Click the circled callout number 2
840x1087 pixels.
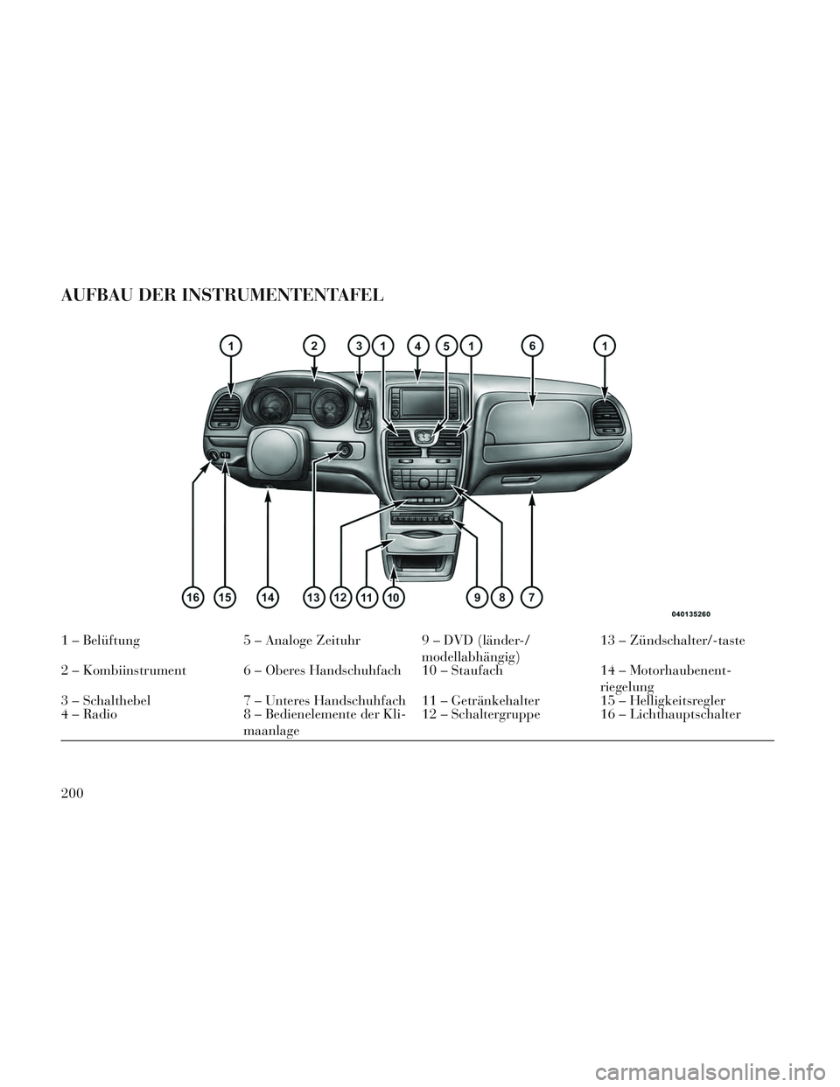[x=313, y=346]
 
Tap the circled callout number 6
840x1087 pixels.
[x=533, y=346]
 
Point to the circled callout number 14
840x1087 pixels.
[x=268, y=597]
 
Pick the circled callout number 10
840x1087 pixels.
[x=394, y=597]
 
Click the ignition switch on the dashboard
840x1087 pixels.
[x=345, y=452]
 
